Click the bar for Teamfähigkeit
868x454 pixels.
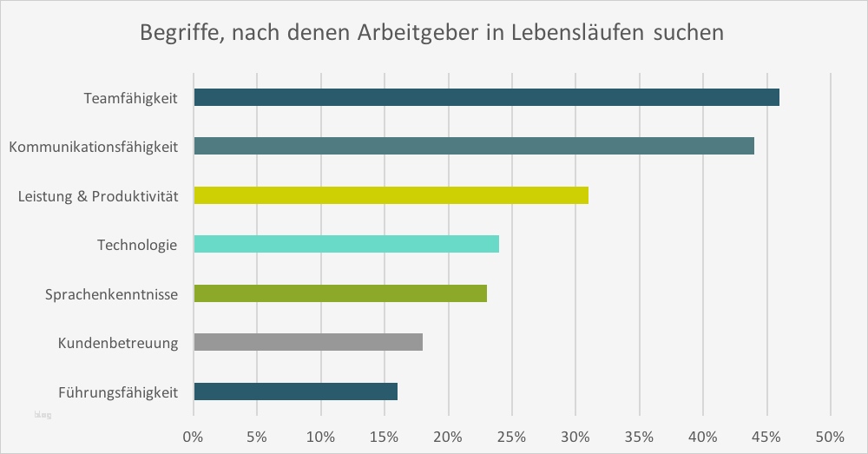486,97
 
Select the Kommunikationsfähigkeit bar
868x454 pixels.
474,146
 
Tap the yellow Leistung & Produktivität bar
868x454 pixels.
391,195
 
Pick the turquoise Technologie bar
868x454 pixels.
346,244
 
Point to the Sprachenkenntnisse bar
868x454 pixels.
340,293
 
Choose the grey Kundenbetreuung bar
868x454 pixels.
308,342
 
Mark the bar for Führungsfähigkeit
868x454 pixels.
295,391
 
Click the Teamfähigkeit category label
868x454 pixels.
130,98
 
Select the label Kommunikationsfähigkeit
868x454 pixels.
94,147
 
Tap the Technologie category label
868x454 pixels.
137,245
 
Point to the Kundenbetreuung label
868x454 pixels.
118,343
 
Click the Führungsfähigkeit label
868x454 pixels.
118,392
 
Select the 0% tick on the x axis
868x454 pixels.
194,434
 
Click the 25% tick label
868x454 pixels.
512,434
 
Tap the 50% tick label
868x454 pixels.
831,434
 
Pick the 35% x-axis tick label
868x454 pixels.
640,434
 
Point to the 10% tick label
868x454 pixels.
321,434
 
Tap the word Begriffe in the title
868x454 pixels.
179,35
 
